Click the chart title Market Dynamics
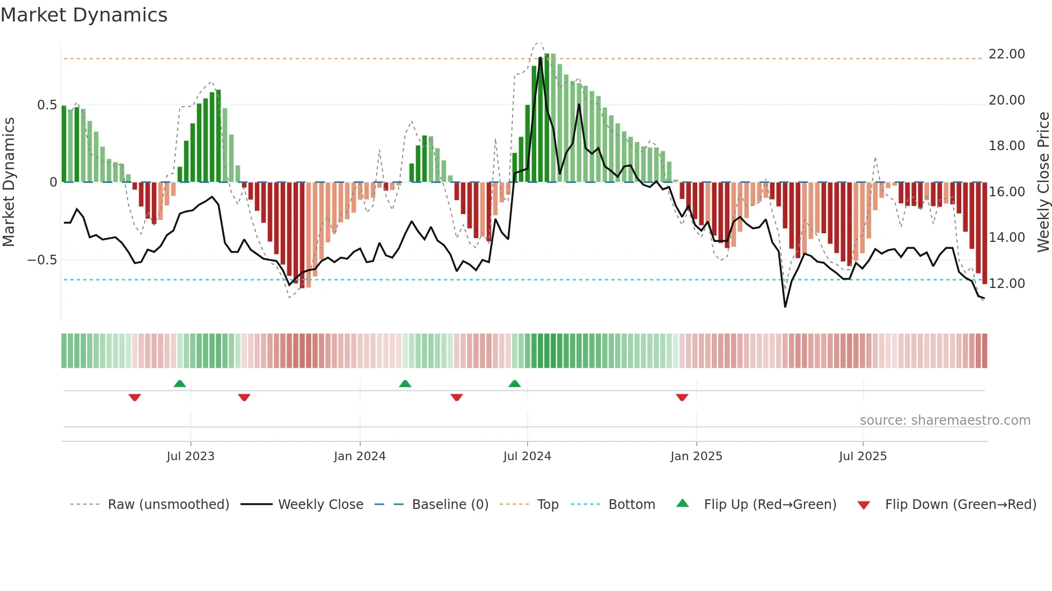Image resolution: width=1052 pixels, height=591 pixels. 84,15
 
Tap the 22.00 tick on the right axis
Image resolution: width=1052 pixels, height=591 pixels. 1006,54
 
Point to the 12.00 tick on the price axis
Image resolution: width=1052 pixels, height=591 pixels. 1006,283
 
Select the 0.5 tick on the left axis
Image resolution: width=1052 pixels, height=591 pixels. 47,105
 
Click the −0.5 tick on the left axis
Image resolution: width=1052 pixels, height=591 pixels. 42,260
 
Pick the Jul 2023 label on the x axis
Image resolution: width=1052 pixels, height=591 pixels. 190,456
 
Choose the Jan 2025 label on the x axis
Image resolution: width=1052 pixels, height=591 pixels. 696,456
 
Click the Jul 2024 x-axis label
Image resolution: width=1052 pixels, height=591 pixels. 527,456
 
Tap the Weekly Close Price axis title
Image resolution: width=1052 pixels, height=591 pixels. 1043,182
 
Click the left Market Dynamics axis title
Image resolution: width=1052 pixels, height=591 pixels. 9,182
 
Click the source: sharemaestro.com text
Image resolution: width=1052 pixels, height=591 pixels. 945,420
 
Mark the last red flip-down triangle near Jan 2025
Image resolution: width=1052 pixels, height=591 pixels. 682,397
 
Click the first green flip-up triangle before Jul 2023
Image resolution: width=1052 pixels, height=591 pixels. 180,384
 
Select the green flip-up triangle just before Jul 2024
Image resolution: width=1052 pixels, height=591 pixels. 514,384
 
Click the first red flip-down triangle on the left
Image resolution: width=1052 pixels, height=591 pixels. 135,397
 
